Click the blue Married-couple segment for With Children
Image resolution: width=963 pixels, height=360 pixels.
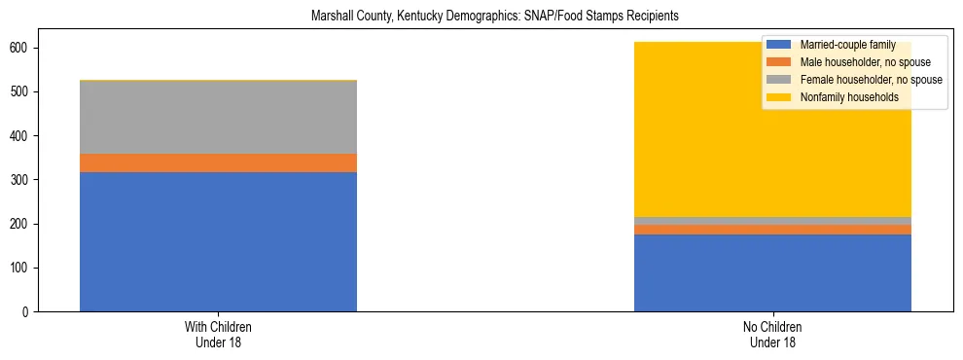[x=218, y=241]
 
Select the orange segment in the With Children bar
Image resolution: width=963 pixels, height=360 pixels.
[x=218, y=162]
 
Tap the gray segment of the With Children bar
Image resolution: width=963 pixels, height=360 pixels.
[x=218, y=117]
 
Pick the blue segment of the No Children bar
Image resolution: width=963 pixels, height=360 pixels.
[x=772, y=272]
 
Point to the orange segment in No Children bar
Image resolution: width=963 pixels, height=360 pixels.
[x=772, y=230]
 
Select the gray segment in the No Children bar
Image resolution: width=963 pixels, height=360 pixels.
[x=772, y=221]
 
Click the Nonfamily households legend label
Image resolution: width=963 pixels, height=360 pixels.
[x=848, y=97]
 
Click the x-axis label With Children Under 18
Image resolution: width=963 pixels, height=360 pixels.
[x=218, y=335]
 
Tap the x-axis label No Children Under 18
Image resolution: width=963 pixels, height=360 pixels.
[x=772, y=335]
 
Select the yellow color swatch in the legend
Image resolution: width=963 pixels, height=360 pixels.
[x=779, y=97]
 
